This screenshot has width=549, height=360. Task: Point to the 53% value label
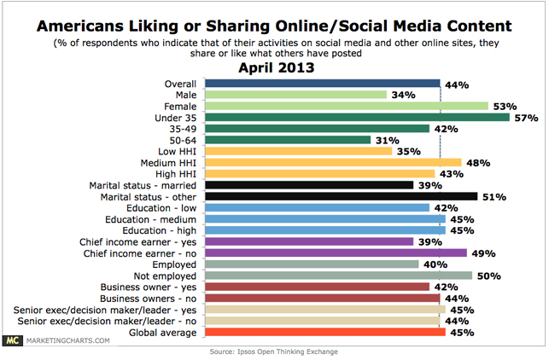pos(503,106)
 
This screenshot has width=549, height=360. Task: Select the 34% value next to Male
pos(401,95)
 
